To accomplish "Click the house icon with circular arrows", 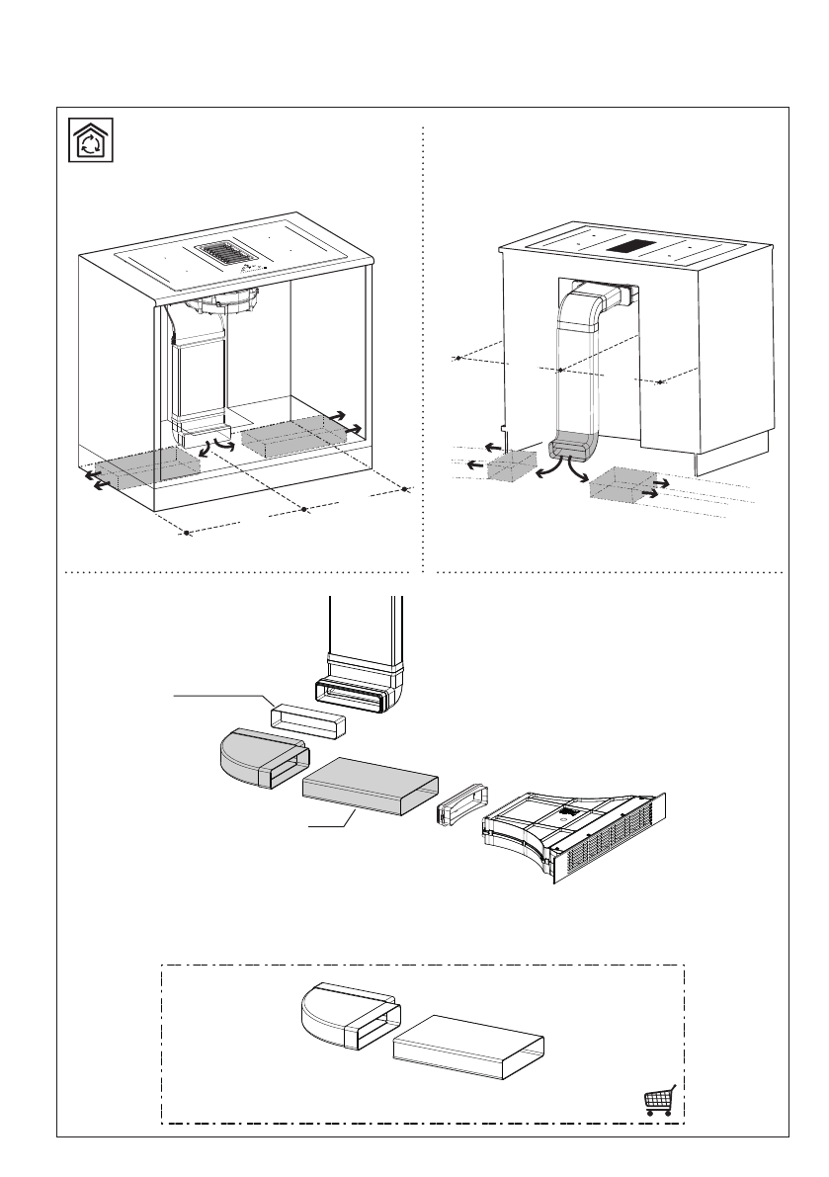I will click(90, 140).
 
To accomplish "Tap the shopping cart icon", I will click(659, 1100).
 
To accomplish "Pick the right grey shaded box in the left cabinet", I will click(289, 434).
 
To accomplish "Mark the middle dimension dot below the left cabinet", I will click(304, 508).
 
